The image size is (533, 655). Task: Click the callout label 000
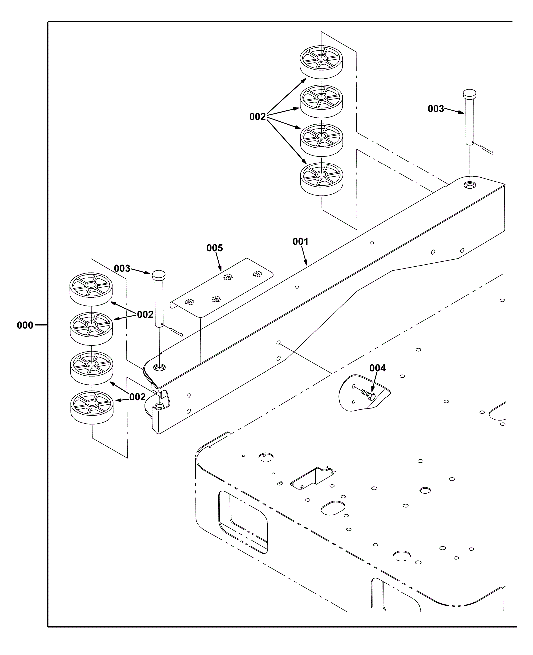[x=25, y=325]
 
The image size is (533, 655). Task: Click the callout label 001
[x=300, y=242]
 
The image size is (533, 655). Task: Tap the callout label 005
[x=214, y=248]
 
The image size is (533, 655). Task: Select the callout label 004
[x=377, y=368]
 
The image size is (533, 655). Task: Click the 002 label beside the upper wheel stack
[x=257, y=117]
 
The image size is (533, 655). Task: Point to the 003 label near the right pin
[x=436, y=109]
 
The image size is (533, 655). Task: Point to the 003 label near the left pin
[x=122, y=268]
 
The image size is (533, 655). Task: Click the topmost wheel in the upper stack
[x=321, y=62]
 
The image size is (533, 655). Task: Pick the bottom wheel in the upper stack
[x=321, y=178]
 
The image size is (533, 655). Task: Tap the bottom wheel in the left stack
[x=92, y=406]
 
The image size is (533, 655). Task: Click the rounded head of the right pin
[x=470, y=92]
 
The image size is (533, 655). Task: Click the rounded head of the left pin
[x=159, y=275]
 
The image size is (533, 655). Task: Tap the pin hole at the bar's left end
[x=159, y=368]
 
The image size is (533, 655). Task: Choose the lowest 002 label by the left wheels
[x=137, y=397]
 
